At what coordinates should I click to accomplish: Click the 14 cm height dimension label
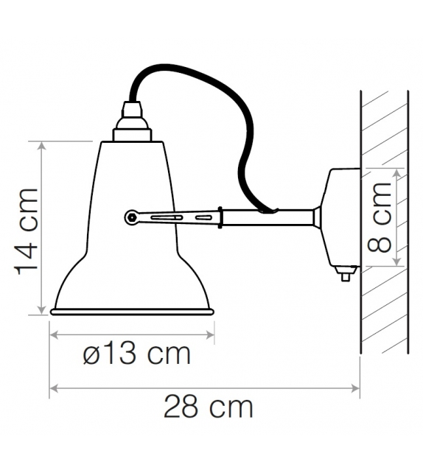(27, 230)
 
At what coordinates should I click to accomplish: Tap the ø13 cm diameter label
(136, 354)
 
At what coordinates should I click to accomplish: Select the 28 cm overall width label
(208, 406)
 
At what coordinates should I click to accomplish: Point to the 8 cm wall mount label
(380, 218)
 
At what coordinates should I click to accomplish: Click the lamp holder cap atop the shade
(132, 122)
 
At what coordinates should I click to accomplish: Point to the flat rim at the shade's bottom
(132, 312)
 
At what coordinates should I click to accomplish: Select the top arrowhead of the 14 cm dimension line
(41, 144)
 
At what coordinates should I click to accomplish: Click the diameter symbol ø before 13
(91, 354)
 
